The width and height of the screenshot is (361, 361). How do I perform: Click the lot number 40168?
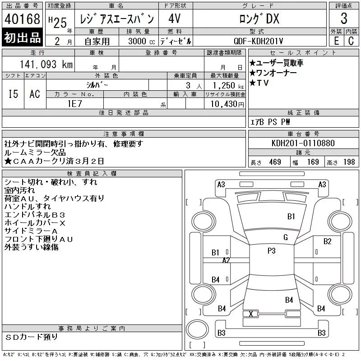22,19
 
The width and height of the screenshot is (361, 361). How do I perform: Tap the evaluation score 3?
344,19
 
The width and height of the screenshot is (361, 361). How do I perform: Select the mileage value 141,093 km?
46,64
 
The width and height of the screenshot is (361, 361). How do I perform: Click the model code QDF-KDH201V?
258,41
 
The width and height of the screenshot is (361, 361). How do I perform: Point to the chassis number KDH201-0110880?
303,143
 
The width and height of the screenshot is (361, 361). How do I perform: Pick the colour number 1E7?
75,104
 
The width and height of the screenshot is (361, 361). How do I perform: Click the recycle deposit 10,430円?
227,104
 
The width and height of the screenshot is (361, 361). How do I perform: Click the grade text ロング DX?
259,19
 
